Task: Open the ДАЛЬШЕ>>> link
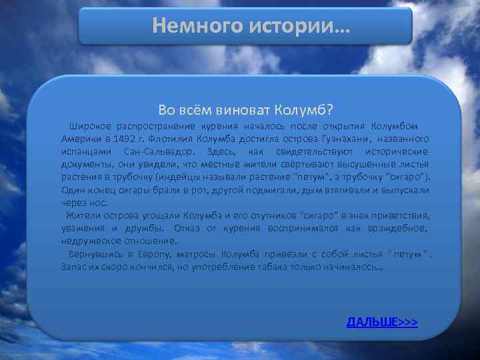[x=382, y=322]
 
